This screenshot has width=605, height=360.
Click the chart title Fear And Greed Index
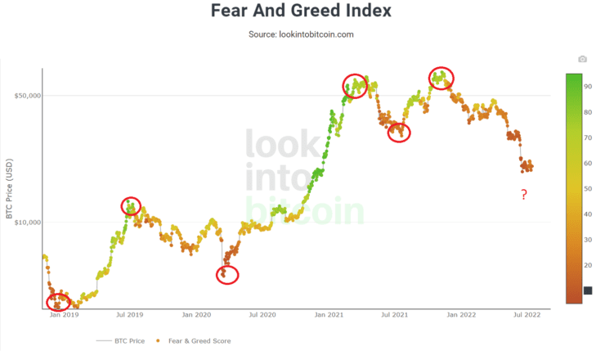(301, 11)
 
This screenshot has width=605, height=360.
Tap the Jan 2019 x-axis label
(64, 314)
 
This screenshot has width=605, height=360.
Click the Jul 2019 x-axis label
(129, 314)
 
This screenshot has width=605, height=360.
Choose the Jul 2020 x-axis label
(262, 314)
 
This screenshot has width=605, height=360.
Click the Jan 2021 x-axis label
(329, 314)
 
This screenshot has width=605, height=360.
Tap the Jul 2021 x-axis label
(395, 314)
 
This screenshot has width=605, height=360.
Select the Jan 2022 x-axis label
(462, 314)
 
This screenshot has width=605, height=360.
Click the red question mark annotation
(524, 195)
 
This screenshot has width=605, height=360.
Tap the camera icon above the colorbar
(582, 59)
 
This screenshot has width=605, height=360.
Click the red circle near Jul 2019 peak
(131, 206)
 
